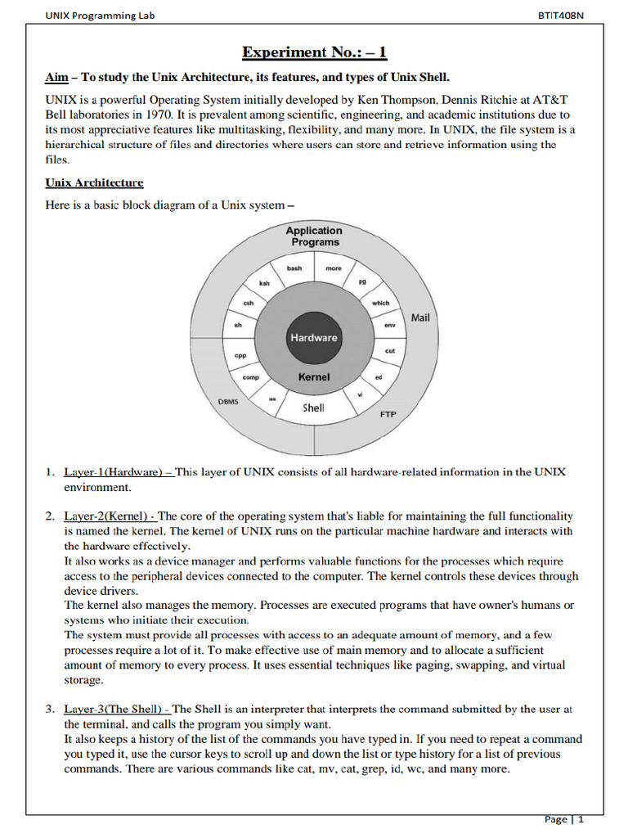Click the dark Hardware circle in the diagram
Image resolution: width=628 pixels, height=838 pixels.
[314, 337]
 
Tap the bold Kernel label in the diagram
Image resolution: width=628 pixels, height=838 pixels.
[314, 377]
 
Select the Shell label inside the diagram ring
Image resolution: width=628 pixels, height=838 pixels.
[314, 408]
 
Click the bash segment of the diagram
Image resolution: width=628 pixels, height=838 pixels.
[294, 268]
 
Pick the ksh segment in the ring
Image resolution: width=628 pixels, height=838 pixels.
[264, 283]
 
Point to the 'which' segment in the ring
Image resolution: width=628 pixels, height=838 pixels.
[381, 303]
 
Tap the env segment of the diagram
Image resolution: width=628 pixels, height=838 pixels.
[390, 326]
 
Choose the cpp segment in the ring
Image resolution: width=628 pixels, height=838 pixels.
[240, 355]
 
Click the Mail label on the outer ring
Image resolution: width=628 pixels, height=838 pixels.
[420, 317]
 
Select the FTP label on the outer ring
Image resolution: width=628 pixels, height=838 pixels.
[388, 414]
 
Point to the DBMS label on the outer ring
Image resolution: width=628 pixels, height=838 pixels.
[228, 402]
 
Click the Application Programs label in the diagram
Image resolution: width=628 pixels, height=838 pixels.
[315, 237]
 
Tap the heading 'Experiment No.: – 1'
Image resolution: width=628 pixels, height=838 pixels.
[314, 53]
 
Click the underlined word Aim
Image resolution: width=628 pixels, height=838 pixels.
[56, 78]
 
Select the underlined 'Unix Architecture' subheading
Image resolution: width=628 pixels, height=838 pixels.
[94, 182]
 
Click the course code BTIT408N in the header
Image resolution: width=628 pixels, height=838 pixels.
[562, 16]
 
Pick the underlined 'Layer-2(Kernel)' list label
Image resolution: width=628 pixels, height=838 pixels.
[110, 516]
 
